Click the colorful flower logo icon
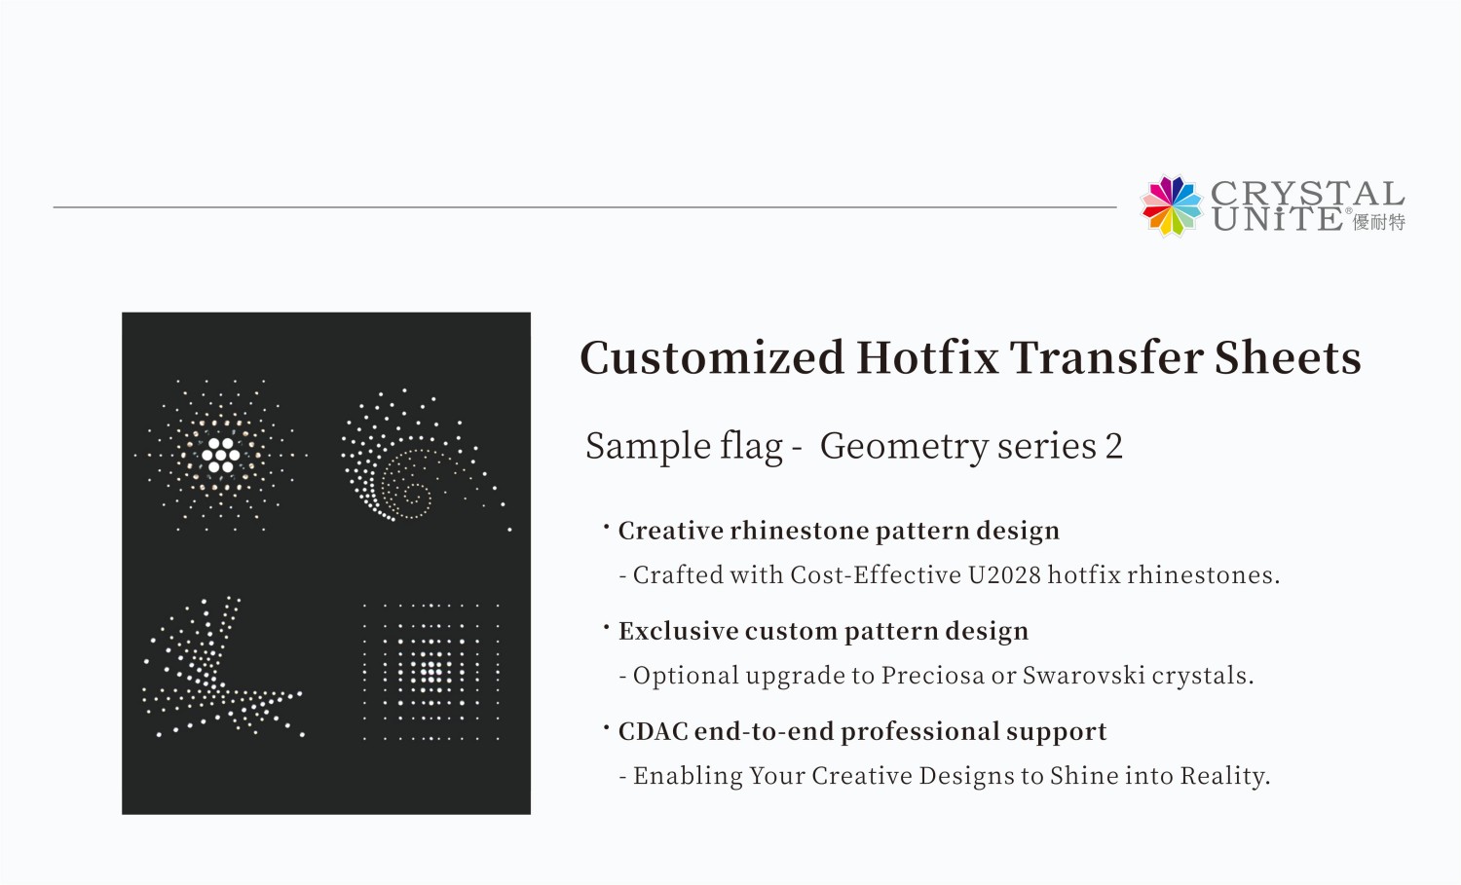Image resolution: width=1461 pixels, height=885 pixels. click(1172, 205)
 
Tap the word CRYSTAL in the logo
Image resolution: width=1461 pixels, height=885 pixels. click(1307, 193)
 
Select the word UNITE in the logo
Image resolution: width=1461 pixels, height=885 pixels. click(1277, 220)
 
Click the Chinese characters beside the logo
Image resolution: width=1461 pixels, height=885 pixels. click(1379, 223)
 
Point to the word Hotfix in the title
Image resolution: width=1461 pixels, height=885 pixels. click(927, 357)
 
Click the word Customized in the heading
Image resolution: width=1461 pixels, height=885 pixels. click(712, 357)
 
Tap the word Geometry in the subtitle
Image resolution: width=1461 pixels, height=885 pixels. click(904, 447)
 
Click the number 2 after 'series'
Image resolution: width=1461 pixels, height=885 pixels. click(1113, 446)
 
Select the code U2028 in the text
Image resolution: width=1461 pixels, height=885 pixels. click(1004, 575)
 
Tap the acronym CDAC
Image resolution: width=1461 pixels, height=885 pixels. click(653, 731)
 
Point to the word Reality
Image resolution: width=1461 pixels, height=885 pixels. click(1224, 776)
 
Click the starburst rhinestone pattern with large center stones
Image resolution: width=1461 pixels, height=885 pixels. click(221, 455)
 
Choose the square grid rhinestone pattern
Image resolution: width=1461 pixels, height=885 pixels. click(431, 672)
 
